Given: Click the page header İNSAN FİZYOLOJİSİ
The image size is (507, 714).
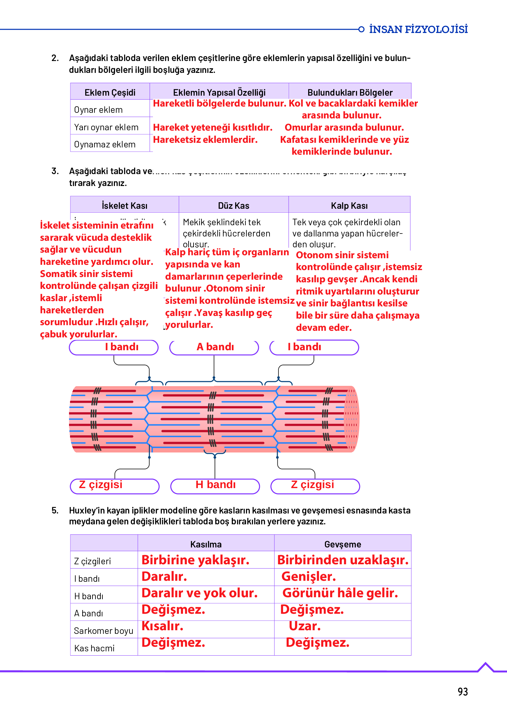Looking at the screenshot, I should (418, 29).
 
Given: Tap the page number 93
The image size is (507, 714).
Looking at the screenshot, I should (462, 692).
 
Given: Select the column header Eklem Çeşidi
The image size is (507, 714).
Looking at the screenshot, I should (110, 92).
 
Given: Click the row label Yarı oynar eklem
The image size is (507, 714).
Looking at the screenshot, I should (106, 127).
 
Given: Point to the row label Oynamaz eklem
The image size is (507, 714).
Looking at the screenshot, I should (105, 144).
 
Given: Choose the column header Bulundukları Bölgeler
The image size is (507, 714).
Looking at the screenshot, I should (350, 92).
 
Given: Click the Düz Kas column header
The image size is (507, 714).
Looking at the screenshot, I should (234, 205).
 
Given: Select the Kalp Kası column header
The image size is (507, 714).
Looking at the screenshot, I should (349, 205).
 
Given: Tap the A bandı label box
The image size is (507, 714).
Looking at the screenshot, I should (214, 347).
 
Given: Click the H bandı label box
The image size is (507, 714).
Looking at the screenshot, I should (215, 485).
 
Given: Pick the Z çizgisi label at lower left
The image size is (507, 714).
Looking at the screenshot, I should (114, 485).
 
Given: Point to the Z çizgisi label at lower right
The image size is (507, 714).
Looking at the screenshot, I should (315, 485).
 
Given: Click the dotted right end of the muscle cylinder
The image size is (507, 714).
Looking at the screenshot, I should (351, 419).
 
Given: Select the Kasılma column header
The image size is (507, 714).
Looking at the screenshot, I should (206, 544).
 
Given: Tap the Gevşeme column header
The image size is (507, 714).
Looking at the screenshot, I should (343, 544).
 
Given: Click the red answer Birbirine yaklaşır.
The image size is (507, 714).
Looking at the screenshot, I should (195, 560).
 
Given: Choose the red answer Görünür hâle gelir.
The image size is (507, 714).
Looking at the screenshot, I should (340, 593).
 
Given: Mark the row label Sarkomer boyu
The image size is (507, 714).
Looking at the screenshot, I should (103, 631).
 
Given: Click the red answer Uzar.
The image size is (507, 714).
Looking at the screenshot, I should (305, 626).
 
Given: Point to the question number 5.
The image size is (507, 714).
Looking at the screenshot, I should (55, 511).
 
